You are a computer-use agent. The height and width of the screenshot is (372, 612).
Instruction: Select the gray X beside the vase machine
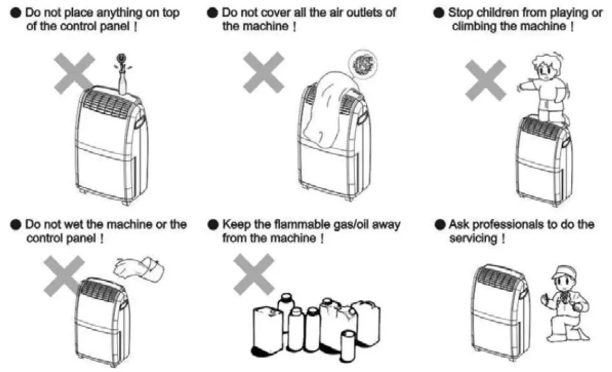73,72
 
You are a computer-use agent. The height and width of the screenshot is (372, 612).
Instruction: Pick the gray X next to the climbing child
485,80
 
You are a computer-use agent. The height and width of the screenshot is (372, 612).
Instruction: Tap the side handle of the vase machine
141,122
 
